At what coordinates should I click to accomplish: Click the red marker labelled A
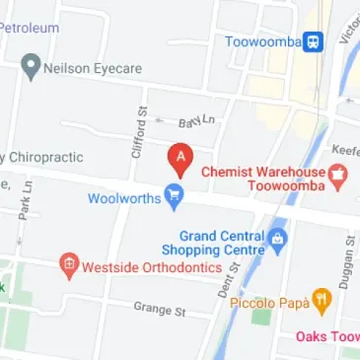(180, 159)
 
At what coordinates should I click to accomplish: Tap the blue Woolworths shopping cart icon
(175, 198)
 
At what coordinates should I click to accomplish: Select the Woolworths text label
(123, 197)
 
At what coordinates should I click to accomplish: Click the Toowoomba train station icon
(313, 41)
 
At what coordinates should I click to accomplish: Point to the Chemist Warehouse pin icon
(338, 178)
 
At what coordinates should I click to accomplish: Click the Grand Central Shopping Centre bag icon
(278, 238)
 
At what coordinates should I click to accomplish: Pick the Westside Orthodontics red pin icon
(68, 264)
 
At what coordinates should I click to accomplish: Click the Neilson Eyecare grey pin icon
(31, 68)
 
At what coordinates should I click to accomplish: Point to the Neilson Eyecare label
(93, 68)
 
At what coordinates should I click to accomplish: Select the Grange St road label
(160, 310)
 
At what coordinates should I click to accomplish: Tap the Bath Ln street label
(195, 122)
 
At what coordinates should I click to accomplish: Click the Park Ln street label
(26, 197)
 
